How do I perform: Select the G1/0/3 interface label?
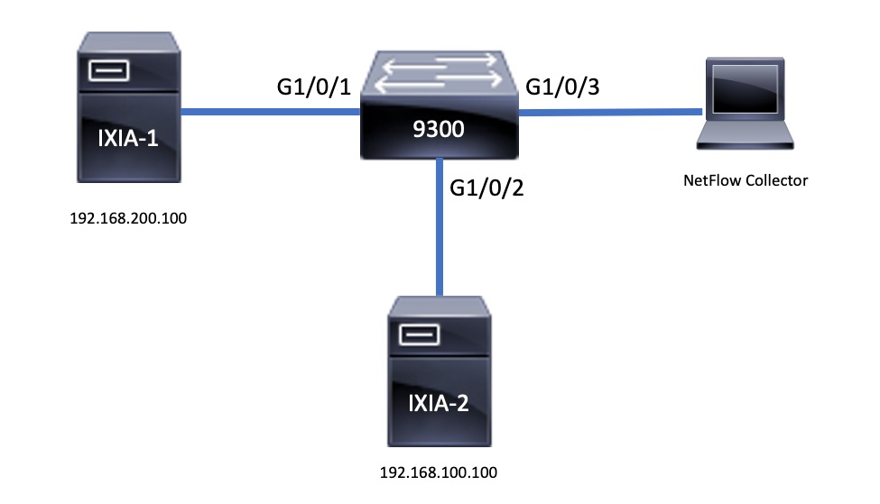click(562, 87)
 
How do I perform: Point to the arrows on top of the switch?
click(438, 74)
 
